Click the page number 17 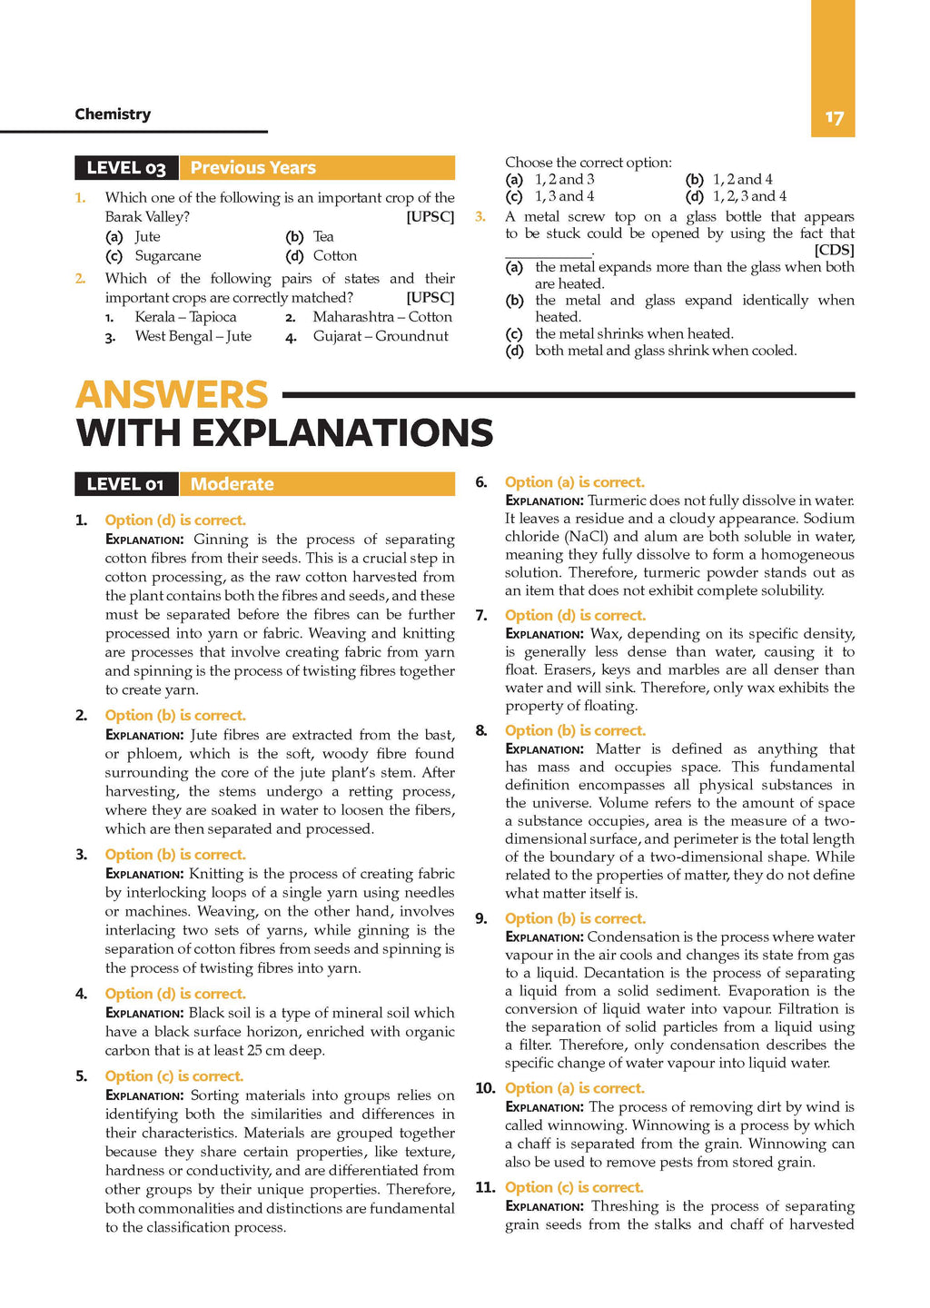834,118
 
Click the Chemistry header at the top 113,114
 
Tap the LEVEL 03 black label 126,168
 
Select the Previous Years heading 252,168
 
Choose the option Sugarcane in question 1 167,256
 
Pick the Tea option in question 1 323,237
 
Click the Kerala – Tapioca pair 185,317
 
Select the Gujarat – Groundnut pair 380,336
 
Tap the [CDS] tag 834,250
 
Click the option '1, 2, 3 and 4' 749,196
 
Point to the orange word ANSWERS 172,395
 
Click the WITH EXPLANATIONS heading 284,433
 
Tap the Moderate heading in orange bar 232,484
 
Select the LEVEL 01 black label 125,484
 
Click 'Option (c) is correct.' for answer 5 173,1076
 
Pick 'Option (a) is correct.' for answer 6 574,482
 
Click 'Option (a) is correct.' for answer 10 574,1088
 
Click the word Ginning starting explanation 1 221,540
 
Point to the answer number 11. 485,1187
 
